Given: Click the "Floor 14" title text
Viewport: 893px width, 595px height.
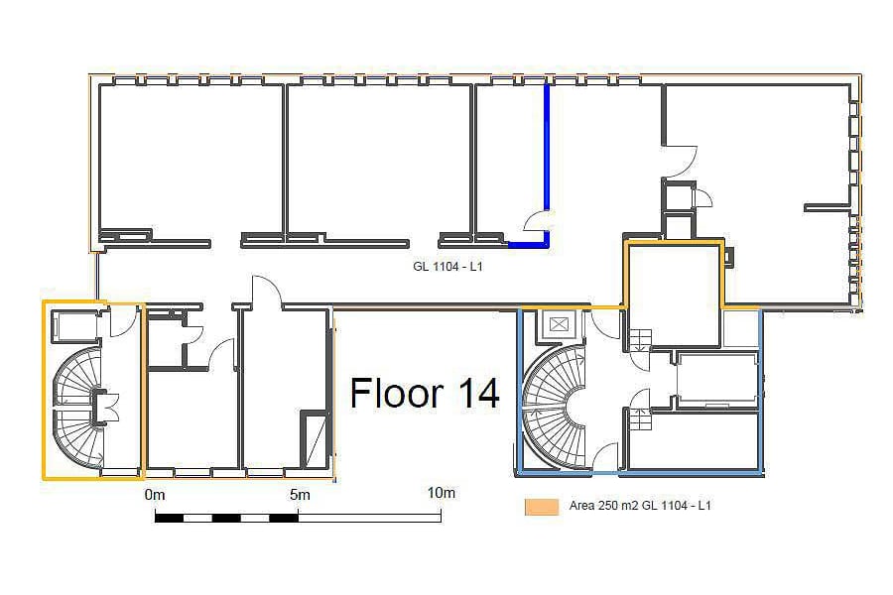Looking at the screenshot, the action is [x=425, y=393].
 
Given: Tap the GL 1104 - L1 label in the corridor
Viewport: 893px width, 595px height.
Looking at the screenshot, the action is [x=447, y=266].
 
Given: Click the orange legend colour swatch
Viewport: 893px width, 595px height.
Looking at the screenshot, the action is [x=542, y=506].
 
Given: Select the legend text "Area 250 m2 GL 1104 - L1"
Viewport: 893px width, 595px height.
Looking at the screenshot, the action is [x=640, y=506].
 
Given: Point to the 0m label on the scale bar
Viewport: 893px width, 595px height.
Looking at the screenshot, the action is [x=155, y=494].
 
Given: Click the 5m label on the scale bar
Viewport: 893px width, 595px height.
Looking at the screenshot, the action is [x=300, y=494].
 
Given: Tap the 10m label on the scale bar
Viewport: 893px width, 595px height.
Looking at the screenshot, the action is [x=442, y=493].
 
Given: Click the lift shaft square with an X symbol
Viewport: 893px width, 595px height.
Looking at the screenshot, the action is [x=560, y=325].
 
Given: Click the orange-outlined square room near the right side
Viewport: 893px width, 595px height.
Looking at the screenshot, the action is [x=674, y=295].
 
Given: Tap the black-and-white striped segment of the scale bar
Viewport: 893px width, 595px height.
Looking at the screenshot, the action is [x=226, y=518].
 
